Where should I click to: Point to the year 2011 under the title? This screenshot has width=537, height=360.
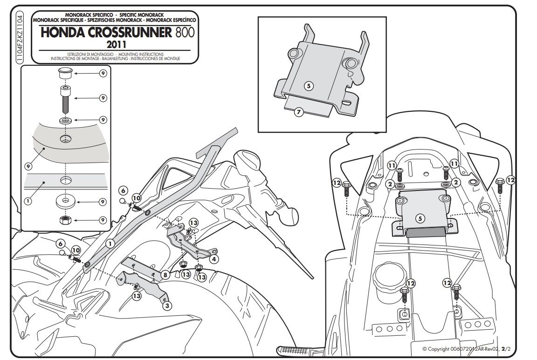coord(115,45)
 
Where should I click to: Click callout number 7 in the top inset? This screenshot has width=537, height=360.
coord(299,111)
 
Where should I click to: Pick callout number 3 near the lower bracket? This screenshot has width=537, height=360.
coord(167,306)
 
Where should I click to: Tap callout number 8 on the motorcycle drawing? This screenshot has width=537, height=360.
coord(165,275)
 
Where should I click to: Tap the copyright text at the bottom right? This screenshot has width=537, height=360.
coord(461,348)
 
